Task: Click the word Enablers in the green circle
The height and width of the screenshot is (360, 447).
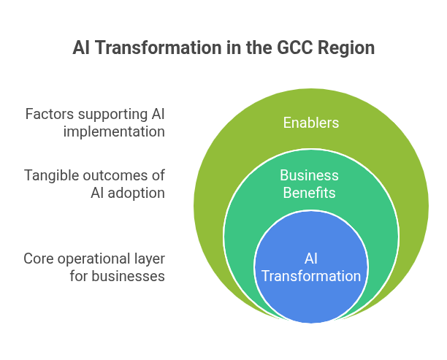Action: click(x=310, y=123)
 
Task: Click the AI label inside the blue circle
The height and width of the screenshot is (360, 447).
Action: click(x=310, y=259)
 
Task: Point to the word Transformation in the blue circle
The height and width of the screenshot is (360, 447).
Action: click(x=310, y=277)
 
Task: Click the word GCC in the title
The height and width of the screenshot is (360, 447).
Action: click(x=296, y=49)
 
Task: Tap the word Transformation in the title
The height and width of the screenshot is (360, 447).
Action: click(x=148, y=49)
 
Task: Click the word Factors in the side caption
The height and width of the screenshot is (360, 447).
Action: click(x=47, y=115)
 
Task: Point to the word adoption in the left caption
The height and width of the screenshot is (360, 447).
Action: click(x=137, y=193)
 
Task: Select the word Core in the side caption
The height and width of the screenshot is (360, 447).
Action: click(x=38, y=259)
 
